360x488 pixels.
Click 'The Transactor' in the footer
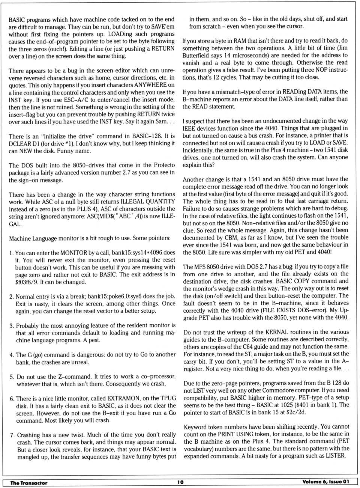click(x=29, y=483)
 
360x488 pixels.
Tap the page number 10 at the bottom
click(x=180, y=482)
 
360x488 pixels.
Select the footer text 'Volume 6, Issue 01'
click(x=325, y=482)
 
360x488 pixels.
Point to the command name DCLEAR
click(x=19, y=143)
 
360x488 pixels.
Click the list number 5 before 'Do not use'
click(x=12, y=377)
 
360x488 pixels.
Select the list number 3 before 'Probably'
click(x=12, y=326)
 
